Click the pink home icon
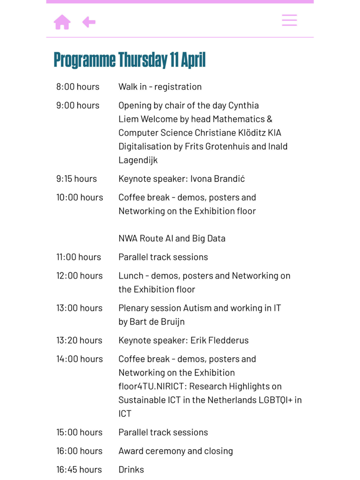(x=62, y=22)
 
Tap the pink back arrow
(x=89, y=22)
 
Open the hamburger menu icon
(x=289, y=20)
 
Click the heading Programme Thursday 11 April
(x=130, y=60)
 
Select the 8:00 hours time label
(x=78, y=87)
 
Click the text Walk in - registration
(x=160, y=87)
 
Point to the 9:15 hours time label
(x=77, y=179)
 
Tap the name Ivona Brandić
(x=218, y=179)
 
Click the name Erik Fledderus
(x=220, y=340)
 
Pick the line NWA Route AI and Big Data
(x=172, y=238)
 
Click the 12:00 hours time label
(x=80, y=276)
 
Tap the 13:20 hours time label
(x=80, y=340)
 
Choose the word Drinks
(x=131, y=470)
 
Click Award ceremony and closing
(x=175, y=451)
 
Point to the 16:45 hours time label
(x=79, y=470)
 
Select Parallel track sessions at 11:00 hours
(x=163, y=257)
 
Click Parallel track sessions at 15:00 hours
(x=163, y=432)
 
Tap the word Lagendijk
(x=138, y=160)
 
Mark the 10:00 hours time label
(x=80, y=197)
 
